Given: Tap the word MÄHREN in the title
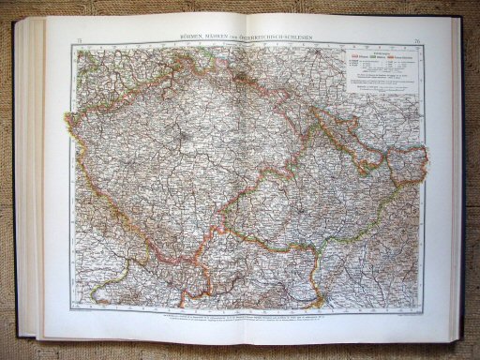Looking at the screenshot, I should tap(229, 37).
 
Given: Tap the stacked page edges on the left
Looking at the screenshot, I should tap(30, 178).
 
